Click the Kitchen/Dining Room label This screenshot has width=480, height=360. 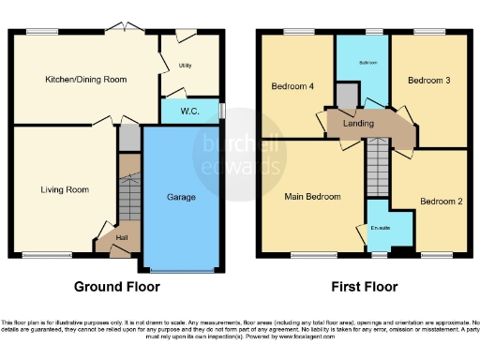coord(86,80)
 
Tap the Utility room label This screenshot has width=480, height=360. coord(185,65)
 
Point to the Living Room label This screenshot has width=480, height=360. coord(65,189)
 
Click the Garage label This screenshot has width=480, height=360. coord(181,198)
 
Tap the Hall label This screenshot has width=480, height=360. coord(122,238)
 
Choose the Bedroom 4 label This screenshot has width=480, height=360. coord(292,86)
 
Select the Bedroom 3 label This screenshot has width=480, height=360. coord(428,82)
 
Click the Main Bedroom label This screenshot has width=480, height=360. coord(312,196)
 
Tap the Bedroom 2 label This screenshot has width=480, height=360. coord(440,201)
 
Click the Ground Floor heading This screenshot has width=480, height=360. coord(117,287)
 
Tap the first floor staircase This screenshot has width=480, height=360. coord(377,167)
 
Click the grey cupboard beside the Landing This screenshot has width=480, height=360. coord(348,95)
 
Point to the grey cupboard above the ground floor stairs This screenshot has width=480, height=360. coord(128,139)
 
